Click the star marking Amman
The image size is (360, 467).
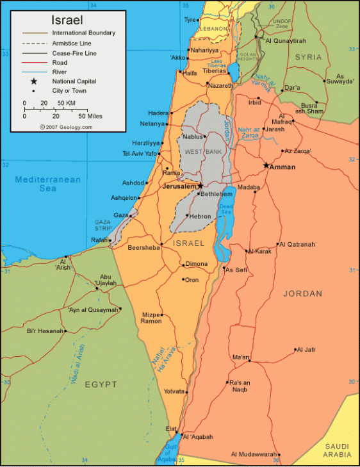(266, 165)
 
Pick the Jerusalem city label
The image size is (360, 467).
(179, 186)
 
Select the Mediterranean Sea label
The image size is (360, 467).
(48, 184)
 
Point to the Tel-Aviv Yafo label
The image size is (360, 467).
(140, 154)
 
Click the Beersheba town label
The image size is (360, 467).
(144, 247)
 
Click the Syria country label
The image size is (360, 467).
(308, 58)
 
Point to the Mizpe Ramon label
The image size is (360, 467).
(151, 318)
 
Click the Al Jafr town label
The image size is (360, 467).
(306, 350)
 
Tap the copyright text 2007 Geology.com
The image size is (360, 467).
(65, 127)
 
